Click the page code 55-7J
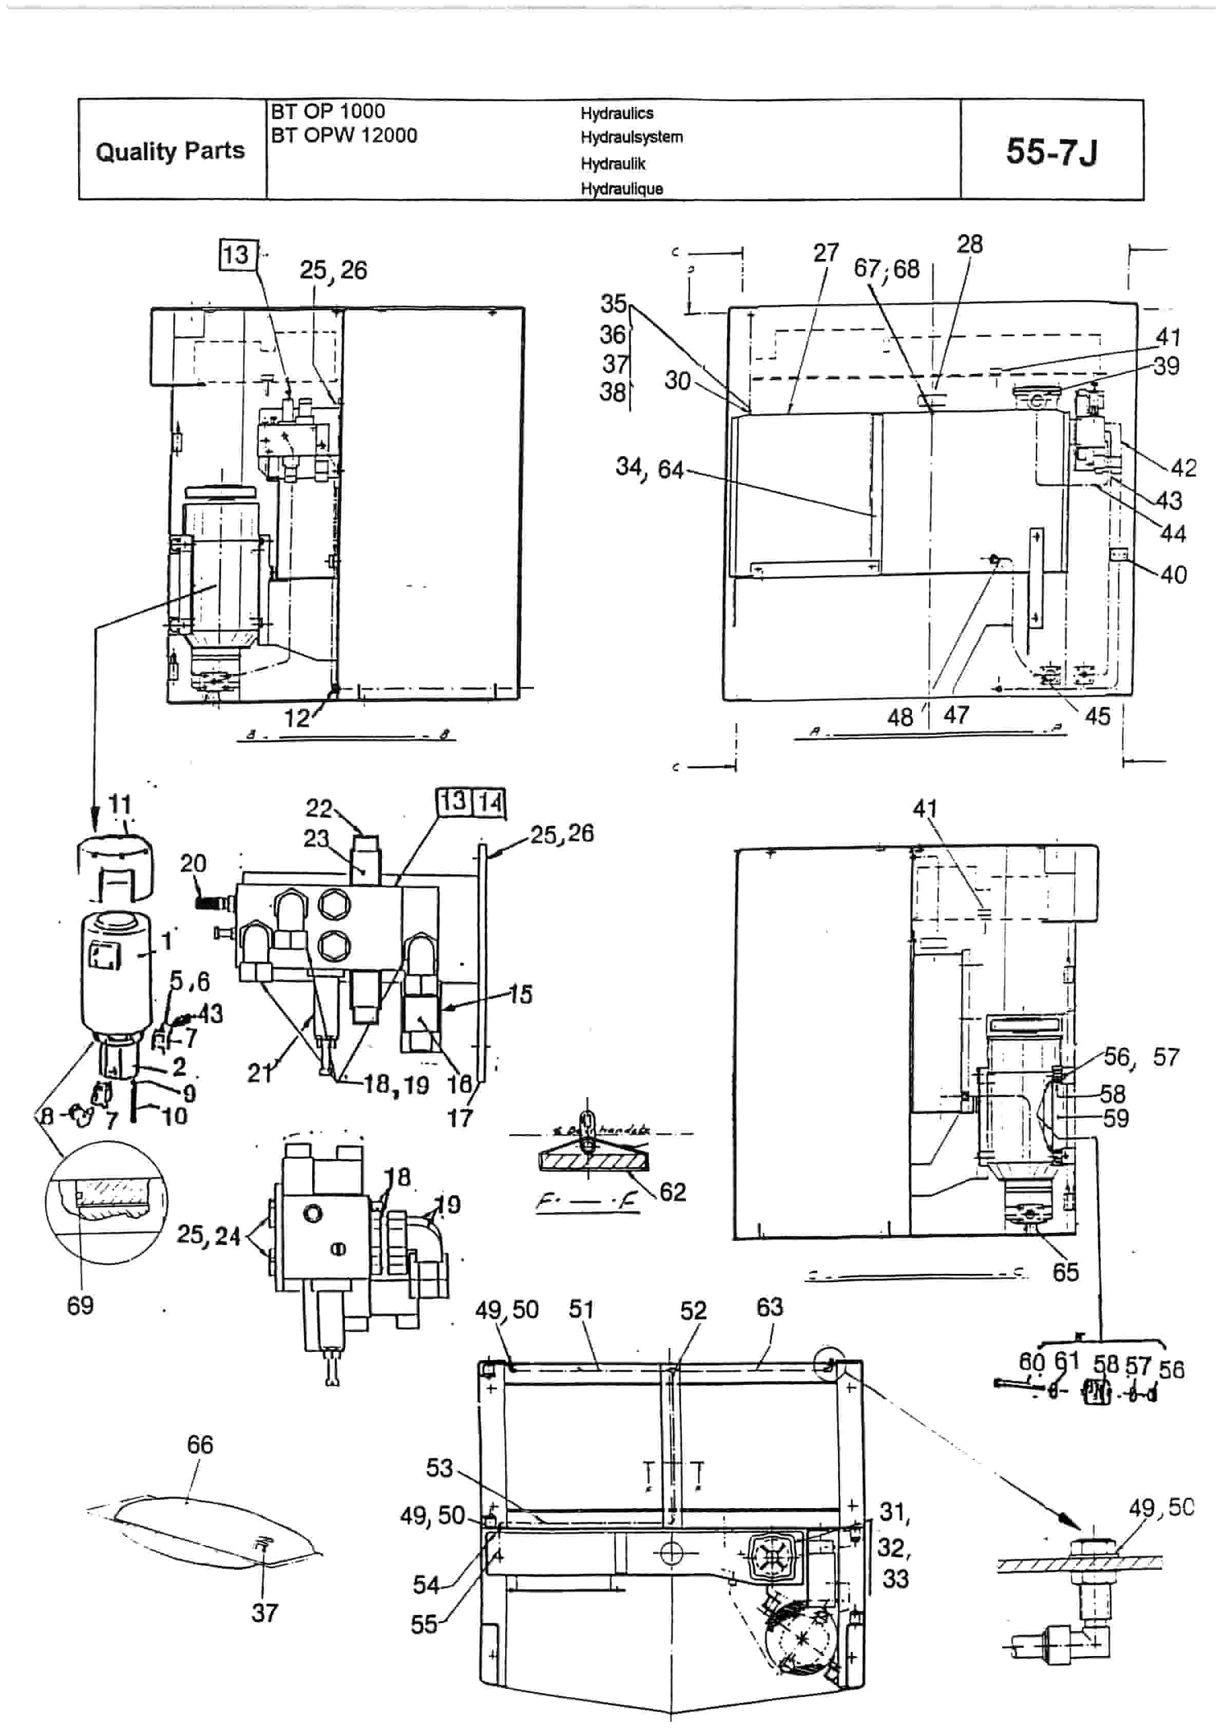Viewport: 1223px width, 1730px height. pos(1052,152)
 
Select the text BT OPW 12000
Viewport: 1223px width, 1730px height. pos(343,136)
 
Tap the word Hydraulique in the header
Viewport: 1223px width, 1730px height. pos(621,189)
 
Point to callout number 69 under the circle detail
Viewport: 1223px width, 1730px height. pos(80,1305)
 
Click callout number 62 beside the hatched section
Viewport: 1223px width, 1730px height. pos(673,1192)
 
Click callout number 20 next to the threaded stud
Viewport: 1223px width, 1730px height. pos(193,863)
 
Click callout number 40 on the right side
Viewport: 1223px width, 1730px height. pos(1173,575)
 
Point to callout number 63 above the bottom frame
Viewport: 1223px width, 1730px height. pos(770,1307)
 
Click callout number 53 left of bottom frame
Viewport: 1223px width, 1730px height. pos(440,1468)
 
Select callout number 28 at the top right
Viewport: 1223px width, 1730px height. pos(970,244)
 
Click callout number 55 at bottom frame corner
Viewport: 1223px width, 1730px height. pos(424,1625)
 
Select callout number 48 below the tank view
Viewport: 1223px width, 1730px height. pos(900,717)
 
